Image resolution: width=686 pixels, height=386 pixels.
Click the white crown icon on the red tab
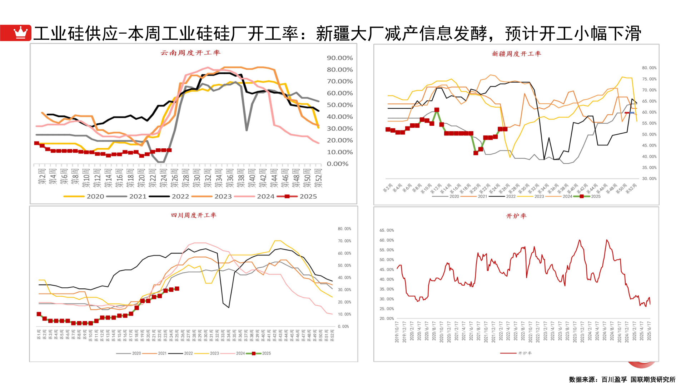(x=20, y=33)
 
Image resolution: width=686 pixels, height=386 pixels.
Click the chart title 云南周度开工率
(x=190, y=53)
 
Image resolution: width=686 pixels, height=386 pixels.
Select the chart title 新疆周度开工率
(x=516, y=54)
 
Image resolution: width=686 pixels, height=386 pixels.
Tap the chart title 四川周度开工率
(x=193, y=215)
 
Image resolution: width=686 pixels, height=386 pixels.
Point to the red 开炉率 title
(x=516, y=216)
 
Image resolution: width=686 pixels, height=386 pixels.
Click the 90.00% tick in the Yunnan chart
(x=339, y=58)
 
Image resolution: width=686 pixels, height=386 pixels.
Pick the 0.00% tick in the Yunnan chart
(x=337, y=164)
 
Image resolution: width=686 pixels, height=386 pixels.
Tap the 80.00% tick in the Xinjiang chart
(x=649, y=68)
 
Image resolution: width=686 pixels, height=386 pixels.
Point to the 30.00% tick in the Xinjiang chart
(x=649, y=179)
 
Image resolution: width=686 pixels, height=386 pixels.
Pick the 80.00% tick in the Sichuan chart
(x=344, y=229)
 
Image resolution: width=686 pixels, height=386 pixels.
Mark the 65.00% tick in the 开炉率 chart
(x=387, y=231)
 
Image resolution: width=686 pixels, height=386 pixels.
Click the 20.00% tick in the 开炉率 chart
(x=387, y=318)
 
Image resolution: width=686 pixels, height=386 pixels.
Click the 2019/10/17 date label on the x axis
(x=397, y=332)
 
